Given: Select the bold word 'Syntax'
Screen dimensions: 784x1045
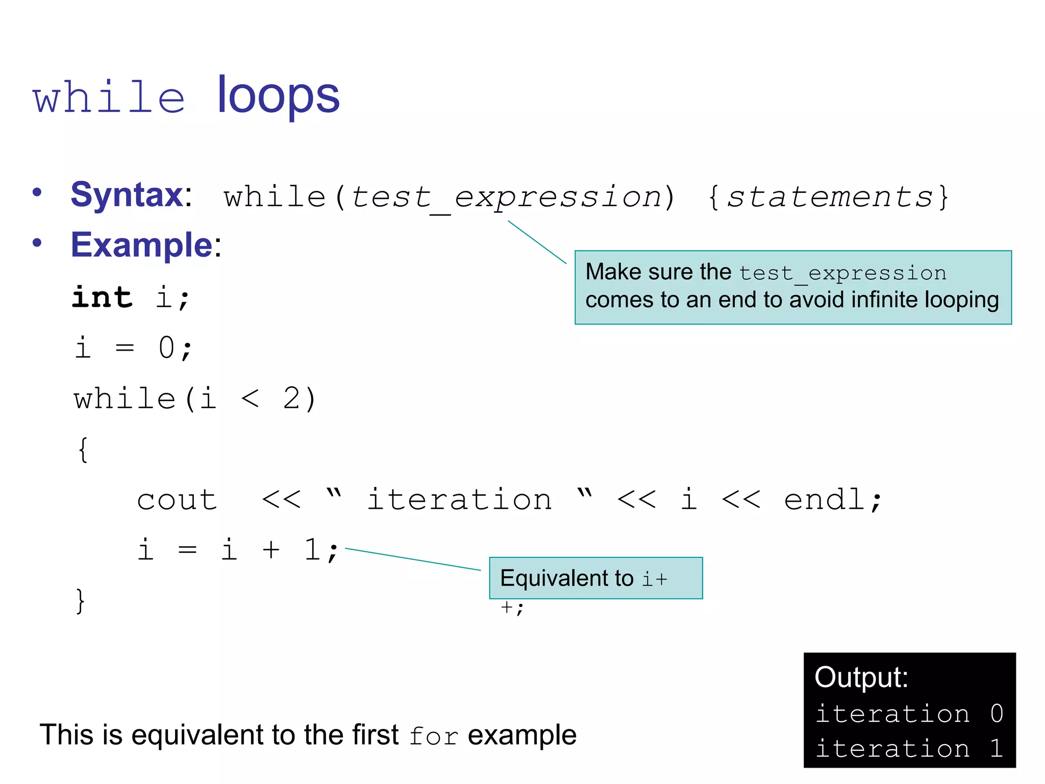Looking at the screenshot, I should click(x=127, y=195).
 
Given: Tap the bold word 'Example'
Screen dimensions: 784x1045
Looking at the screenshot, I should click(x=141, y=245).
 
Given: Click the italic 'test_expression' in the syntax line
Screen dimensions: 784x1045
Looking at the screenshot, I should click(x=505, y=198).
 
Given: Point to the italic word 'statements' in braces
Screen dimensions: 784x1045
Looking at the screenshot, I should click(x=829, y=198).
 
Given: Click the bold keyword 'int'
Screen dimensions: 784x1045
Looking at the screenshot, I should click(x=102, y=297).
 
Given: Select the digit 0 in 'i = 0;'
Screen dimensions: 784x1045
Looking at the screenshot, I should click(x=166, y=348).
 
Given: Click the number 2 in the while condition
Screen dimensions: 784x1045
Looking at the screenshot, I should click(x=292, y=399).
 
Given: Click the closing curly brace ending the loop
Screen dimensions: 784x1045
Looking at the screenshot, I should click(x=80, y=601).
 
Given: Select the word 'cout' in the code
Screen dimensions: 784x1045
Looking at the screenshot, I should click(x=177, y=500).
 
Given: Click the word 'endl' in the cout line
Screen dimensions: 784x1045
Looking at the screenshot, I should click(x=824, y=500).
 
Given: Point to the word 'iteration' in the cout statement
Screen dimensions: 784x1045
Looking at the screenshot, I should click(x=459, y=500).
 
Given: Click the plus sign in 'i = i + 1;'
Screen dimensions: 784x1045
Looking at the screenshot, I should click(x=271, y=550).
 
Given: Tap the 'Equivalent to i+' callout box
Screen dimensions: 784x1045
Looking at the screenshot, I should click(x=595, y=578).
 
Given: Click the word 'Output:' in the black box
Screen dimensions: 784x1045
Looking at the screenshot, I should click(x=861, y=678).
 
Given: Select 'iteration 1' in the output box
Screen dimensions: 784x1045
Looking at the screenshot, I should click(x=909, y=749).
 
